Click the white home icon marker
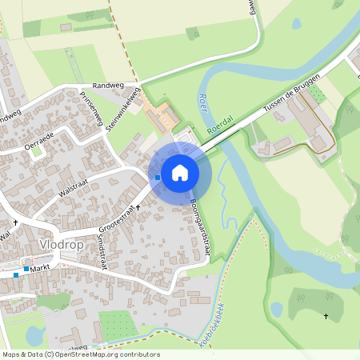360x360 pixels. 180,171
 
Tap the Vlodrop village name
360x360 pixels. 61,244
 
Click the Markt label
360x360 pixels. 42,269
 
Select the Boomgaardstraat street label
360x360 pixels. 201,228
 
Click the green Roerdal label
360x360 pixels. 219,126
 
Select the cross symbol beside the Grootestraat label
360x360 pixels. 138,207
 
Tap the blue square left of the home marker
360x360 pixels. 158,177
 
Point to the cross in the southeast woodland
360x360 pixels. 326,317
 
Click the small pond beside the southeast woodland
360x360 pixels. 277,309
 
